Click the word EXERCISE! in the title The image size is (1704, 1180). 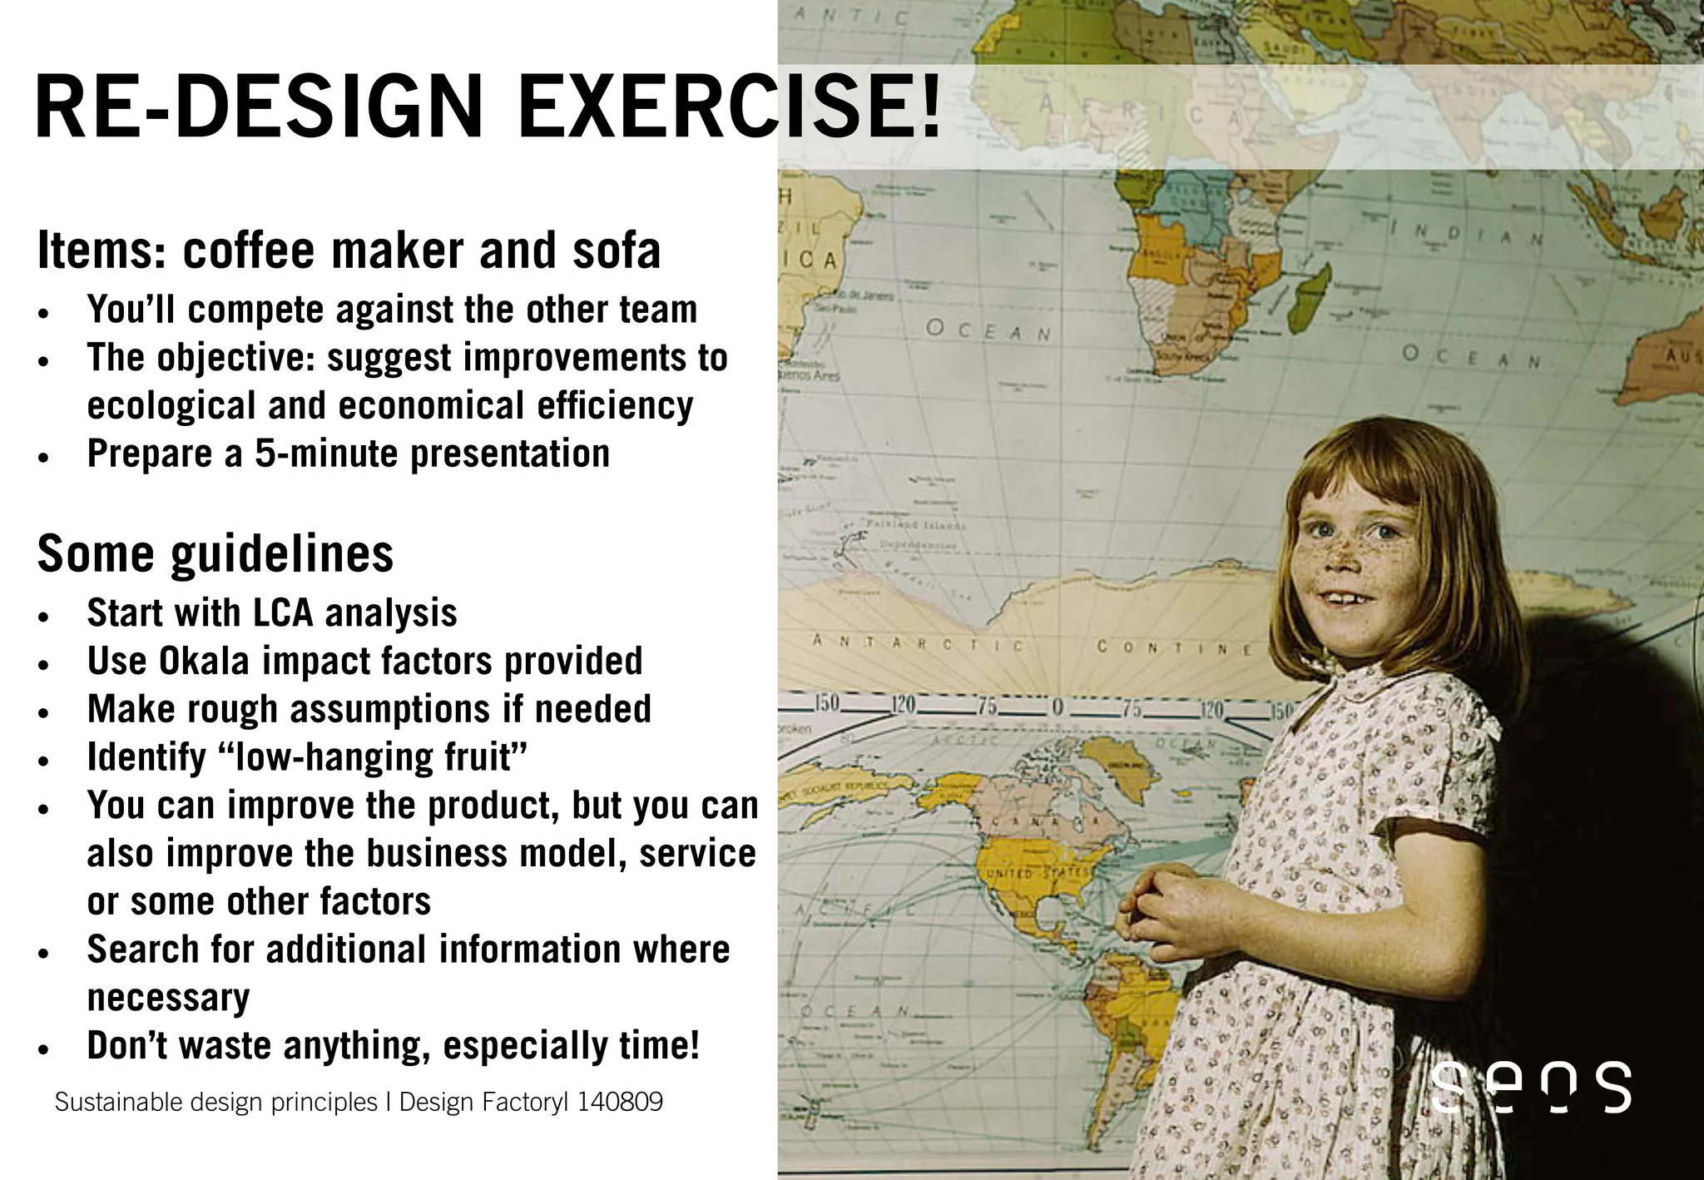pyautogui.click(x=729, y=108)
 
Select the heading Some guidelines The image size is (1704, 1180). pyautogui.click(x=215, y=554)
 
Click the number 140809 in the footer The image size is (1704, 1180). pyautogui.click(x=620, y=1102)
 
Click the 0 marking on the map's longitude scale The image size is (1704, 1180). pyautogui.click(x=1058, y=708)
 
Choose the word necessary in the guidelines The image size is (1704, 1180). pyautogui.click(x=168, y=998)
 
